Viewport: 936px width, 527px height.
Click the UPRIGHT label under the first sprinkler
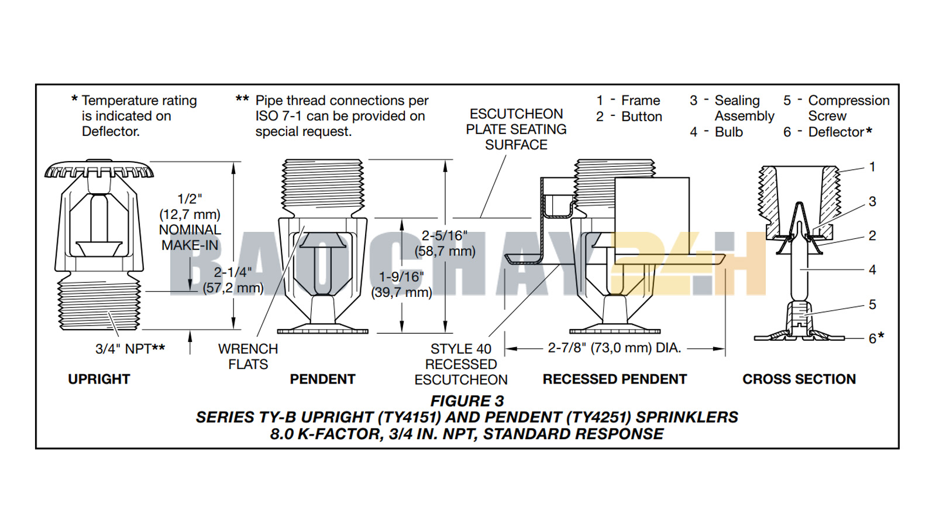pos(99,379)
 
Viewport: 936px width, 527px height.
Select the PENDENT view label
pos(322,379)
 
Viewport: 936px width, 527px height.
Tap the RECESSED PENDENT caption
pos(614,379)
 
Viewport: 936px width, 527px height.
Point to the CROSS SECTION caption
pos(799,379)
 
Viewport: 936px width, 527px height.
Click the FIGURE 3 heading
pos(467,401)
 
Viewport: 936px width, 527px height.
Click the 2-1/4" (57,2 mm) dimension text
pos(233,280)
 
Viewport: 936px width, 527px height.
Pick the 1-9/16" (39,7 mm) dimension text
pos(401,285)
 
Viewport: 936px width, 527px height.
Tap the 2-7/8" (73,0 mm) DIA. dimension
pos(614,348)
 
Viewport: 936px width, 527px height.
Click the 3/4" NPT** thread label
pos(130,349)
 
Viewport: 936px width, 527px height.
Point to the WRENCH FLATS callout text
pos(248,357)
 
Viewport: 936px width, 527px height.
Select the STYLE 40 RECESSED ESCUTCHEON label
pos(461,364)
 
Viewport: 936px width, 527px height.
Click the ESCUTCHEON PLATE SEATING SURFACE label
pos(516,129)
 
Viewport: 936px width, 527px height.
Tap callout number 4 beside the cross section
pos(872,270)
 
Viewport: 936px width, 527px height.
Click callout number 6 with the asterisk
pos(876,338)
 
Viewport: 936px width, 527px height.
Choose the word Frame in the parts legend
pos(641,101)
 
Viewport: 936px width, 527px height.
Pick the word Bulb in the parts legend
pos(729,132)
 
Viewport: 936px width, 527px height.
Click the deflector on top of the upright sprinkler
pos(99,170)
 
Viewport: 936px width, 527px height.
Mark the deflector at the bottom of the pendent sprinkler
pos(322,330)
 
